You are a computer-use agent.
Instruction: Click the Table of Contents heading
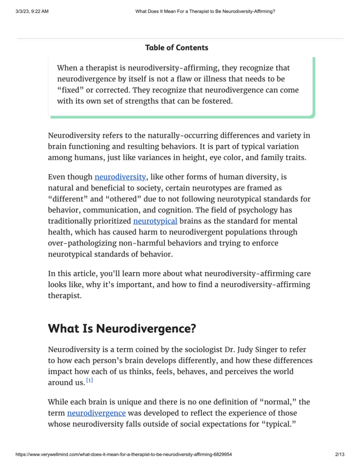(177, 47)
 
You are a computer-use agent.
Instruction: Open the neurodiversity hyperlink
(120, 177)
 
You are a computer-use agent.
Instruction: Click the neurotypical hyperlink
(155, 221)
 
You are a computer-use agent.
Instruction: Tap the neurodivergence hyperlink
(96, 413)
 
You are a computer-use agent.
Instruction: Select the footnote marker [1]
(90, 380)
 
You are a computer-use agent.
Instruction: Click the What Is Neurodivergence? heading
(122, 328)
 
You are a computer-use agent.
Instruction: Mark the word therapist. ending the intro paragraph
(66, 295)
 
